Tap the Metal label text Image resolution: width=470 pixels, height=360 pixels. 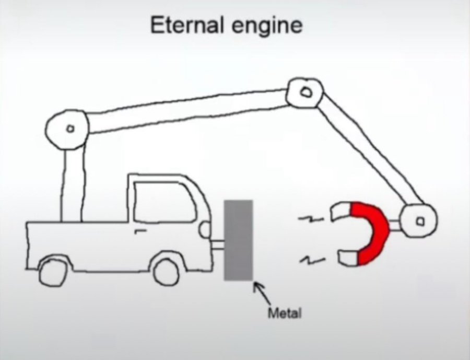(x=284, y=313)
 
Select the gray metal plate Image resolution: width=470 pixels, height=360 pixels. (x=239, y=240)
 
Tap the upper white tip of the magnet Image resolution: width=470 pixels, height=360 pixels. (x=342, y=211)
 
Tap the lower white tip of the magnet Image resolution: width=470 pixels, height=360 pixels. (x=347, y=257)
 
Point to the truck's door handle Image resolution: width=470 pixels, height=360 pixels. (x=139, y=229)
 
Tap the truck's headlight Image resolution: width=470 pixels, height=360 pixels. (x=204, y=228)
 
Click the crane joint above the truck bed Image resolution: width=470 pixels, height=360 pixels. (x=68, y=127)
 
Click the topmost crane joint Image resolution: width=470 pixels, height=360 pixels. (x=304, y=92)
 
